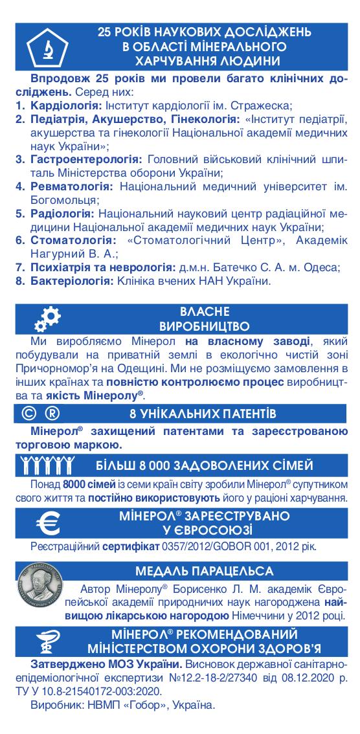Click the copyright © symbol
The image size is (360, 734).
27,413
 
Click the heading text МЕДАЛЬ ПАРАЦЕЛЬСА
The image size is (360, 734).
203,571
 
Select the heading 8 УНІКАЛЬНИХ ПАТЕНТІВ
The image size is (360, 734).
203,413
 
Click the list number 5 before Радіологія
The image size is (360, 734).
20,214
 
